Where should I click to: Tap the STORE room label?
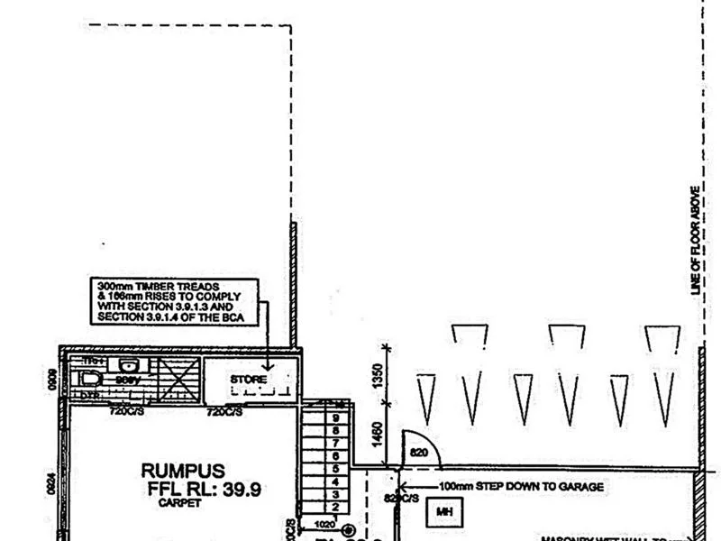[248, 380]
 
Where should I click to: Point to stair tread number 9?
[335, 418]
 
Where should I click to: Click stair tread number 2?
[335, 507]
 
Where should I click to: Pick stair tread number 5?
[335, 469]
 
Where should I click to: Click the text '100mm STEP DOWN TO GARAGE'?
[521, 486]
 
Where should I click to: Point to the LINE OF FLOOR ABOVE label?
[695, 242]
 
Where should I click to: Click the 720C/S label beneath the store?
[224, 412]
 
